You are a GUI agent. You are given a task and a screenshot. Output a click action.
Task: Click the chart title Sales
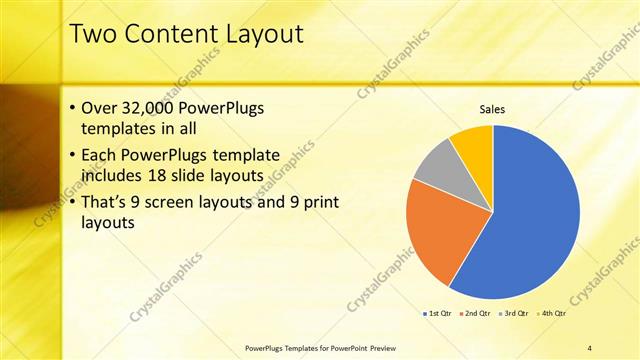pos(492,108)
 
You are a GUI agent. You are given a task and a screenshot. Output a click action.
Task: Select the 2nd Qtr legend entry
pos(474,314)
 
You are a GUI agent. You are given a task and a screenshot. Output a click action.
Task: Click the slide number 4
pos(589,347)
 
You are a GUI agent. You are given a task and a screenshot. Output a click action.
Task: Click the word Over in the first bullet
pos(99,108)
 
